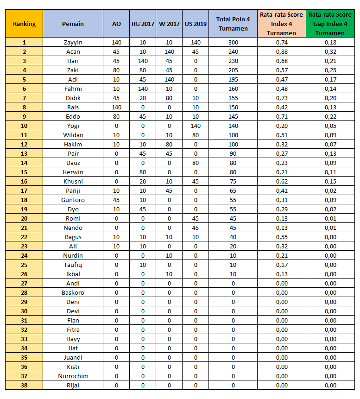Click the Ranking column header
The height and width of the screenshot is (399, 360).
24,24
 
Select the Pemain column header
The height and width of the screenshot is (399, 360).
73,24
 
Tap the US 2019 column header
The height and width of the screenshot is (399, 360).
196,24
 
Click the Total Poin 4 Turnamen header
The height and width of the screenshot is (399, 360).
233,24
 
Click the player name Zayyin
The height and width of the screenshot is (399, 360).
73,42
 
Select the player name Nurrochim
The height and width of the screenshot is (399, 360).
73,376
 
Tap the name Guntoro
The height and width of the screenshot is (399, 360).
73,200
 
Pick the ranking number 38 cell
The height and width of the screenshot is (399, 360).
24,385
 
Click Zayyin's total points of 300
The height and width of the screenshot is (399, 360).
233,42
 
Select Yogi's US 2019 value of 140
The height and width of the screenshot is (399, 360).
196,126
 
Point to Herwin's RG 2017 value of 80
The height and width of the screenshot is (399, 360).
143,172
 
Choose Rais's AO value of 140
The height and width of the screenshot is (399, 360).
116,107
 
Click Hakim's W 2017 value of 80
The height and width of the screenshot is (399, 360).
169,144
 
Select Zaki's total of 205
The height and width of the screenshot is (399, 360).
233,70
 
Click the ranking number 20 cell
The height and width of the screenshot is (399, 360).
24,218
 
